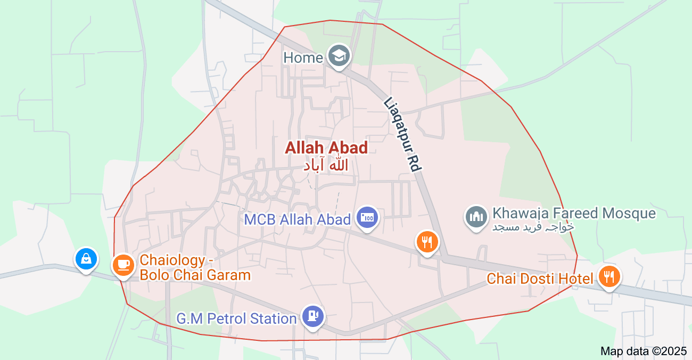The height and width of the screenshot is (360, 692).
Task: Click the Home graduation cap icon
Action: point(339,56)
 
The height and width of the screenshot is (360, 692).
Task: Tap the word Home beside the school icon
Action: point(303,58)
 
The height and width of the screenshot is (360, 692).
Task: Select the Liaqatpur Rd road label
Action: point(402,134)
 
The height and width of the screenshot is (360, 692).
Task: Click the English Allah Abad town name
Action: point(326,148)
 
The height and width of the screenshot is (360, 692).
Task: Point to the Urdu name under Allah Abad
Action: point(326,165)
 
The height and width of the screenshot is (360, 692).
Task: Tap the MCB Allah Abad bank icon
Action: point(368,217)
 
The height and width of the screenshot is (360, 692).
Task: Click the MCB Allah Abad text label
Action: point(297,219)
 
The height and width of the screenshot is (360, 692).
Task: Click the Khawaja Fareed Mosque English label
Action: point(574,214)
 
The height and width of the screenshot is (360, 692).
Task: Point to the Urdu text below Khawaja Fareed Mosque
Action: point(533,227)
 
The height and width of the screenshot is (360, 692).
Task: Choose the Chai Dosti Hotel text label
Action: point(540,279)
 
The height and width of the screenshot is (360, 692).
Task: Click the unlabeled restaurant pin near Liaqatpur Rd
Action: point(426,242)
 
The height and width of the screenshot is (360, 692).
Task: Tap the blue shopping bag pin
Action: point(86,259)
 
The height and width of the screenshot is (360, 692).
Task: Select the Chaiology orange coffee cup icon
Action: point(123,265)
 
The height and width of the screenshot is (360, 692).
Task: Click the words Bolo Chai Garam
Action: point(195,275)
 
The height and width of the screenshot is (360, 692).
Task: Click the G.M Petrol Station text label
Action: point(236,319)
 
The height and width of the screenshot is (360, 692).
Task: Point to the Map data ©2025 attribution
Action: point(644,351)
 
